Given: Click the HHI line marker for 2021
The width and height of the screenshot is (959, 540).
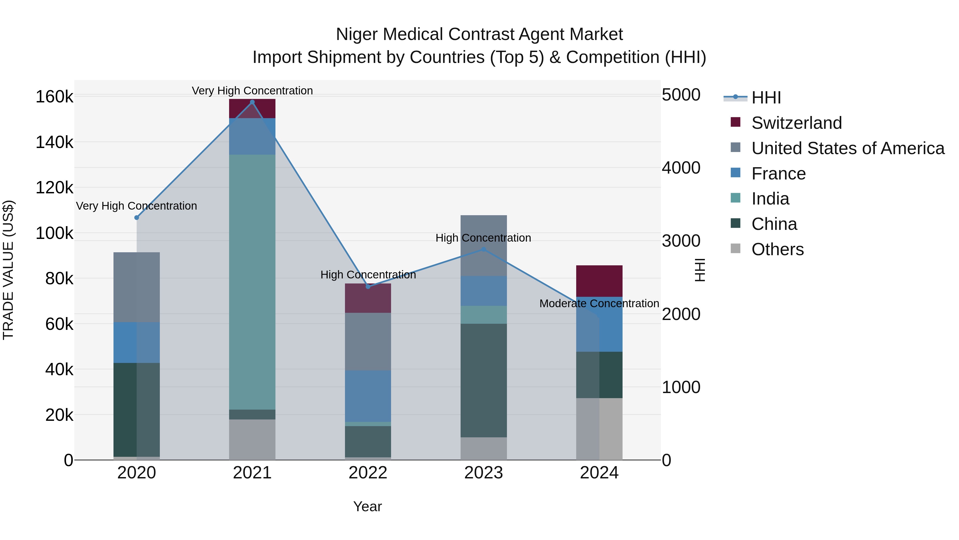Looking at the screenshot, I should (x=252, y=102).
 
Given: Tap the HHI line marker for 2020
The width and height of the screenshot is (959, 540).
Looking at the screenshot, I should (x=137, y=218).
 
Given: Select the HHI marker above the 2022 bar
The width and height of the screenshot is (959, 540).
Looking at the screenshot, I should (x=368, y=287).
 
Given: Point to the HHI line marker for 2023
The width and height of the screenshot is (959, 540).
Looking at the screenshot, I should (x=483, y=249).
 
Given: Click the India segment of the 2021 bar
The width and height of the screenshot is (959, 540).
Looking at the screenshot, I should (x=252, y=282).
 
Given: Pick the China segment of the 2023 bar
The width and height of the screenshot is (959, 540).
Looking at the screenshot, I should (x=483, y=380).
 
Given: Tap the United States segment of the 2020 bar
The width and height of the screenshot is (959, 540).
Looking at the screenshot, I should (x=137, y=287).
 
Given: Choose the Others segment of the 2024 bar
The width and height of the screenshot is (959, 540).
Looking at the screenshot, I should (x=599, y=429).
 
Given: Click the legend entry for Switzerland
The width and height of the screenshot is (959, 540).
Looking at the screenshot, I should (x=796, y=123).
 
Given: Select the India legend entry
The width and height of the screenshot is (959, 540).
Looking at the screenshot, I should (x=770, y=199).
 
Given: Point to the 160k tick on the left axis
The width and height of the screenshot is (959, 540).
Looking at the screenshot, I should (x=54, y=97).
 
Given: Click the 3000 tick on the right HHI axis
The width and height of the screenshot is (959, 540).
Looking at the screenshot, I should (x=681, y=241).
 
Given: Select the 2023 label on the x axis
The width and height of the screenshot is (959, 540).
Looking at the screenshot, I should (x=483, y=473).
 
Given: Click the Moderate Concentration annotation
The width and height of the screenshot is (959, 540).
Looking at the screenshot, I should (x=599, y=303).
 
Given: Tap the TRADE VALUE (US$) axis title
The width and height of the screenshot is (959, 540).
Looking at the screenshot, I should (x=9, y=270).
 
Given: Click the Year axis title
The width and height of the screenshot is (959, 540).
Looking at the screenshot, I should (x=367, y=506).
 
